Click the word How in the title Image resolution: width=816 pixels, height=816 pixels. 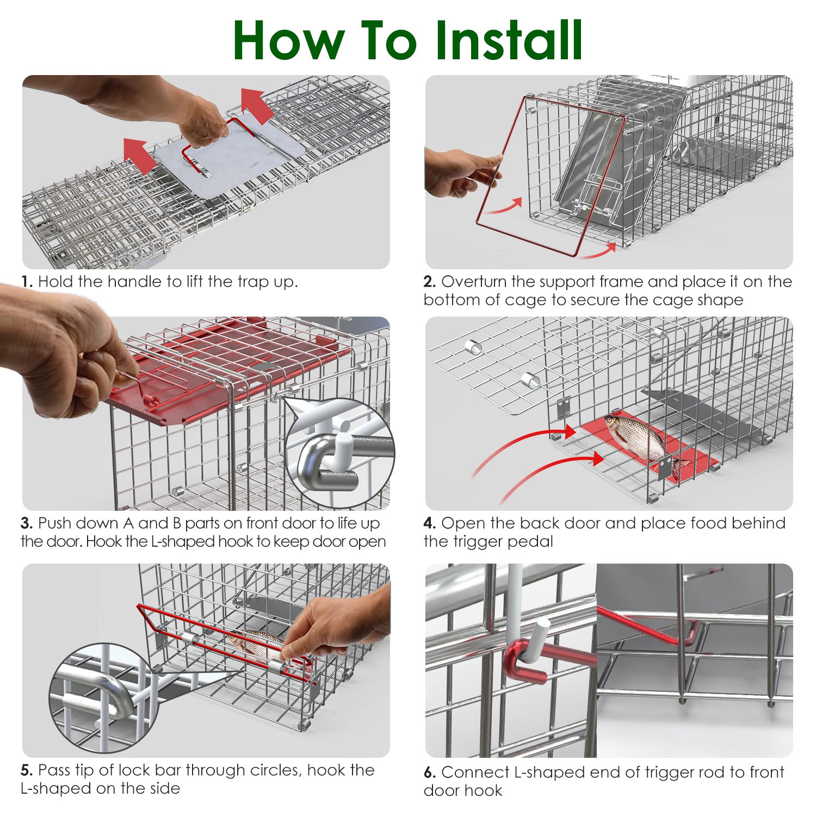289,40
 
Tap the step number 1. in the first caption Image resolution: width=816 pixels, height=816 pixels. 27,282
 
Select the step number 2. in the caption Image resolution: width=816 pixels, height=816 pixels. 430,282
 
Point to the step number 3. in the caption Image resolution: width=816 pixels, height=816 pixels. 27,523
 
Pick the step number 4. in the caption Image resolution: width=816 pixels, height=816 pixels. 430,523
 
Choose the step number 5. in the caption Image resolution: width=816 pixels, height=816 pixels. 27,770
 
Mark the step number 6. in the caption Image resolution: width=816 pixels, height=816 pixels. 430,772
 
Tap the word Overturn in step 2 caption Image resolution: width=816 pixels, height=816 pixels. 474,282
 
